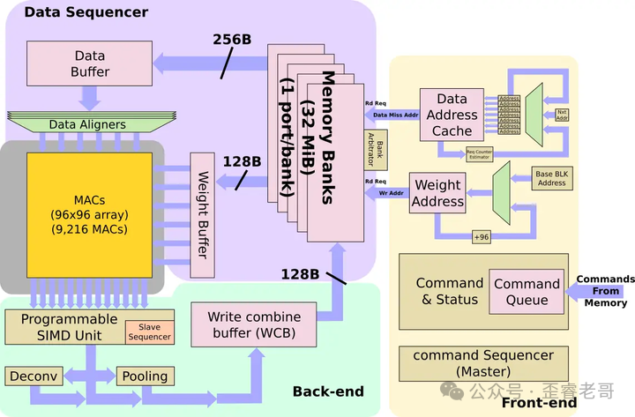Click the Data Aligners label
click(x=87, y=125)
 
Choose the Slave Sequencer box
click(x=149, y=331)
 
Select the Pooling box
click(x=145, y=376)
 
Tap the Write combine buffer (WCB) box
click(x=254, y=324)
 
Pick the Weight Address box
click(x=439, y=193)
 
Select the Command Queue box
click(x=527, y=292)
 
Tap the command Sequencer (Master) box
click(x=482, y=363)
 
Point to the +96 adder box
click(x=482, y=237)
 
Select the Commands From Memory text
click(x=605, y=291)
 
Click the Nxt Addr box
click(x=562, y=115)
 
